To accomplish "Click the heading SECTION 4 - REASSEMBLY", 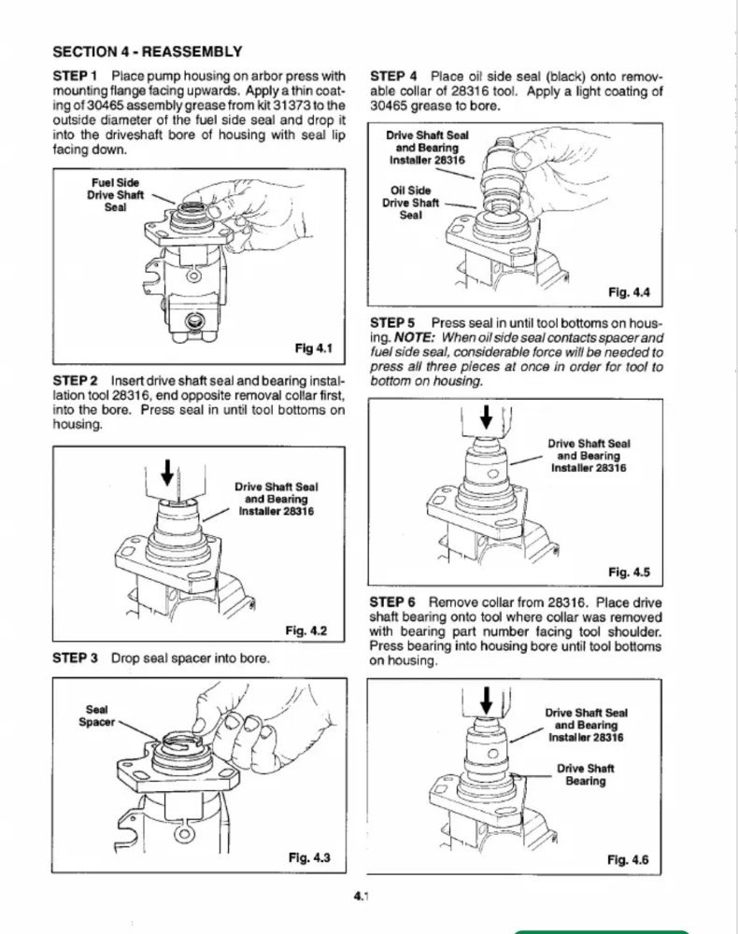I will pos(148,51).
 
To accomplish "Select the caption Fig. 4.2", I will pos(308,630).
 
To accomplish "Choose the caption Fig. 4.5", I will pos(629,572).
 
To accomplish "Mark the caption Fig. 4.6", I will pos(628,859).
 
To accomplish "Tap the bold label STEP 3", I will pos(76,658).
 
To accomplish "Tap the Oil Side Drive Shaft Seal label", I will pos(408,202).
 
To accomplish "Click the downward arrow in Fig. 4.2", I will pos(168,474).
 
